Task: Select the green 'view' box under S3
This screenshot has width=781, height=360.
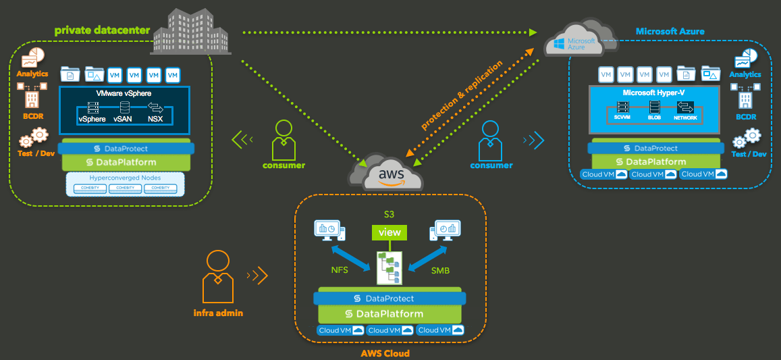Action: (389, 232)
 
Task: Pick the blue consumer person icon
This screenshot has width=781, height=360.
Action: (491, 139)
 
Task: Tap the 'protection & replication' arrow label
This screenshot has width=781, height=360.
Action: (462, 95)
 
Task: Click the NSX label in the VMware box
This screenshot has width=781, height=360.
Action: (157, 119)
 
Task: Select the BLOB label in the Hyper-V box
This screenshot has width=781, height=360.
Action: (654, 118)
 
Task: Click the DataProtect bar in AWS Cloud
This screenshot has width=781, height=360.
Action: (389, 298)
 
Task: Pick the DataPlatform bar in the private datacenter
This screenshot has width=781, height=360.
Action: (126, 162)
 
